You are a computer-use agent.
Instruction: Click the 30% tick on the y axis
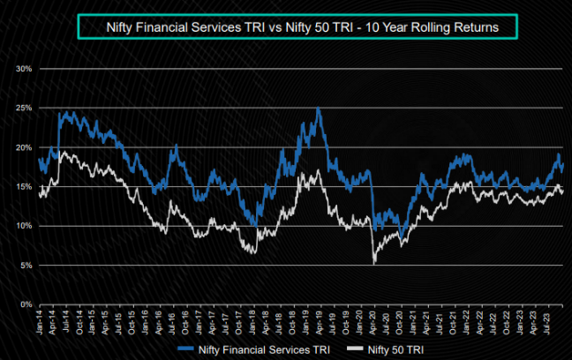24,68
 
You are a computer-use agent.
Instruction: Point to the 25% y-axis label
24,108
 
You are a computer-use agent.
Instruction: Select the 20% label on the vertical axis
24,147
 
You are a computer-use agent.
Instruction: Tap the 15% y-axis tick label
24,186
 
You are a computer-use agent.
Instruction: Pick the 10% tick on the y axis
24,226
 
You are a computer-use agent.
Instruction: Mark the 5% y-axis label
26,265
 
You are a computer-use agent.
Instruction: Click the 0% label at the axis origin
26,304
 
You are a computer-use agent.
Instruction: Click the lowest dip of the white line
375,263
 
